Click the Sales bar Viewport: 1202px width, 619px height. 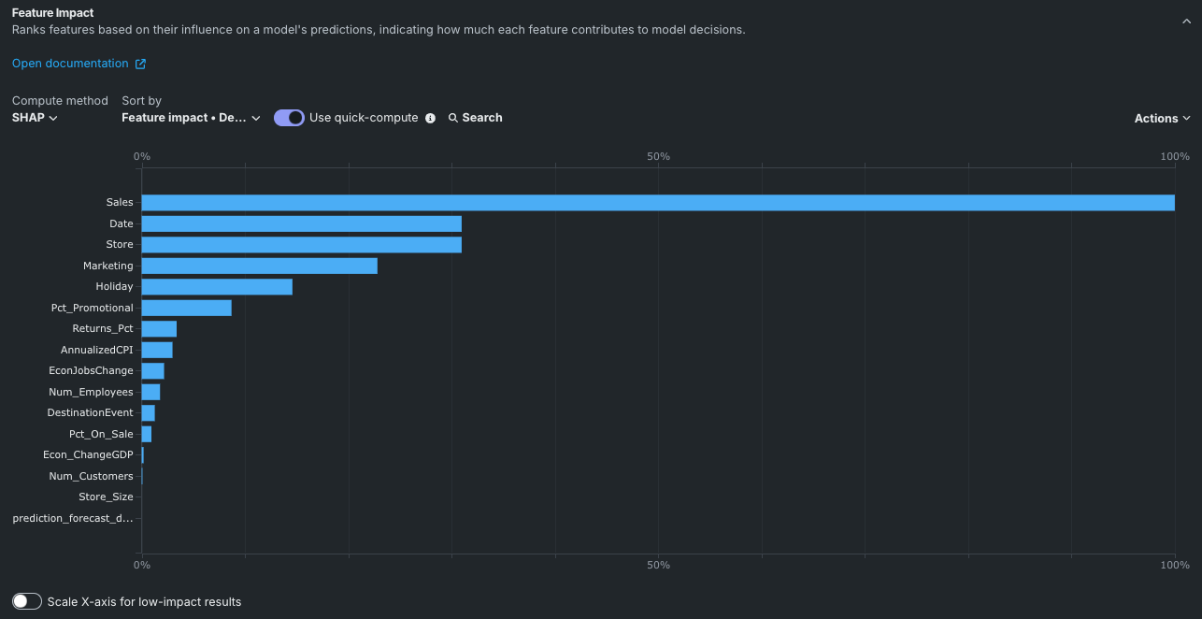click(657, 203)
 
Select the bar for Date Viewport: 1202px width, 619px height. click(301, 224)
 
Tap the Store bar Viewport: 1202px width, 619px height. click(301, 245)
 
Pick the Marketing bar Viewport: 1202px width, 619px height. click(259, 266)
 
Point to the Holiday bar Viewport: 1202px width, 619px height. click(217, 287)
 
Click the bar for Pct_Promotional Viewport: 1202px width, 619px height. click(186, 308)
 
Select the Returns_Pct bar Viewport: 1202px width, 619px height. click(159, 329)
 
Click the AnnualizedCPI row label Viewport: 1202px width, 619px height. click(97, 350)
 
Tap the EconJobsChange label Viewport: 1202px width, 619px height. click(91, 371)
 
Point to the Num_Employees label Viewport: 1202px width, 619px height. click(91, 392)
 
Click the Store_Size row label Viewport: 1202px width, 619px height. click(106, 497)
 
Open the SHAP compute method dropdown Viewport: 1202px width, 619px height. click(35, 118)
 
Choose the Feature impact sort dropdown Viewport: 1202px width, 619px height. click(191, 118)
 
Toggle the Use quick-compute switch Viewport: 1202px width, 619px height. click(289, 118)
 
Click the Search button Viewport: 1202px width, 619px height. click(475, 118)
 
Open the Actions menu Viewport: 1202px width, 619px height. click(1162, 119)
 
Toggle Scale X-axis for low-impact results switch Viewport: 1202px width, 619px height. click(27, 602)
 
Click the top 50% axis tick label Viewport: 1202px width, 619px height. click(658, 156)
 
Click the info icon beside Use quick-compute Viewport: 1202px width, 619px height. click(430, 118)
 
